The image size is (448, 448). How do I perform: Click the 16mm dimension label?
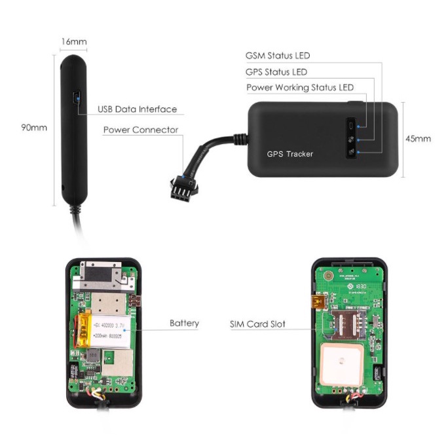pos(73,42)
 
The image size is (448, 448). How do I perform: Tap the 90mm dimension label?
pos(33,128)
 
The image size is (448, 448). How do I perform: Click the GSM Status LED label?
pos(277,56)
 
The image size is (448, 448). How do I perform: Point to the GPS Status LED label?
pos(276,72)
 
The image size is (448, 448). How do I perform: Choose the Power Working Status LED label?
pos(300,87)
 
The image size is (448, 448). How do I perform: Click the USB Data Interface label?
pos(137,109)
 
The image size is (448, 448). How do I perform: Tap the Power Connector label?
pos(140,130)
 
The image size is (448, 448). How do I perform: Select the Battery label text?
pos(184,323)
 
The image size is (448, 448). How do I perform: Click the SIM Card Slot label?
pos(257,324)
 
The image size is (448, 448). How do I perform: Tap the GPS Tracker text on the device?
pos(289,155)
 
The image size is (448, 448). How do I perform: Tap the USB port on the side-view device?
pos(76,99)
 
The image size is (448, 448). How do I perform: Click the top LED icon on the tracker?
pos(352,125)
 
